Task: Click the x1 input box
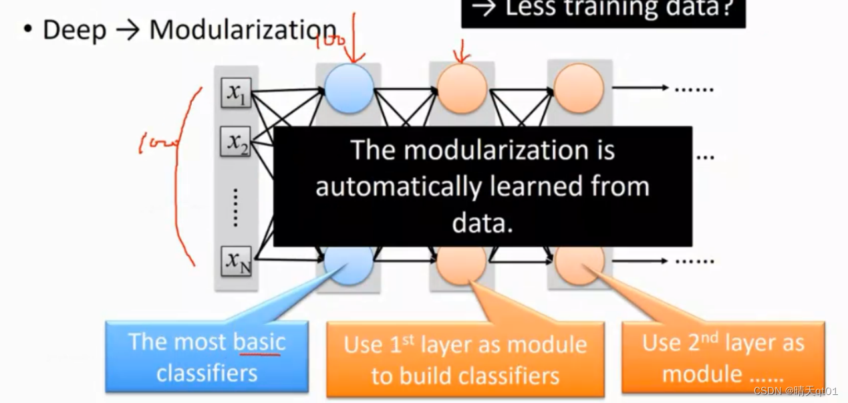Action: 236,92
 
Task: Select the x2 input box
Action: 236,141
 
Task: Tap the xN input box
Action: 236,260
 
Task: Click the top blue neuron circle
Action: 349,88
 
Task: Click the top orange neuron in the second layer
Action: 462,88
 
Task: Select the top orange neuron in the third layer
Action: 579,88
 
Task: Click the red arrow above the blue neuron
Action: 355,37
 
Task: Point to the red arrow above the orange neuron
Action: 462,50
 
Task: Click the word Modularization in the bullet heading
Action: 243,30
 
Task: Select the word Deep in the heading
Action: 74,31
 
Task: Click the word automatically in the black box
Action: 396,186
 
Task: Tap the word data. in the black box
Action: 482,223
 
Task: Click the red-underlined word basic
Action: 259,342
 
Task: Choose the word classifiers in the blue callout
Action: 206,372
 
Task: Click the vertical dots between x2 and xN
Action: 235,207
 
